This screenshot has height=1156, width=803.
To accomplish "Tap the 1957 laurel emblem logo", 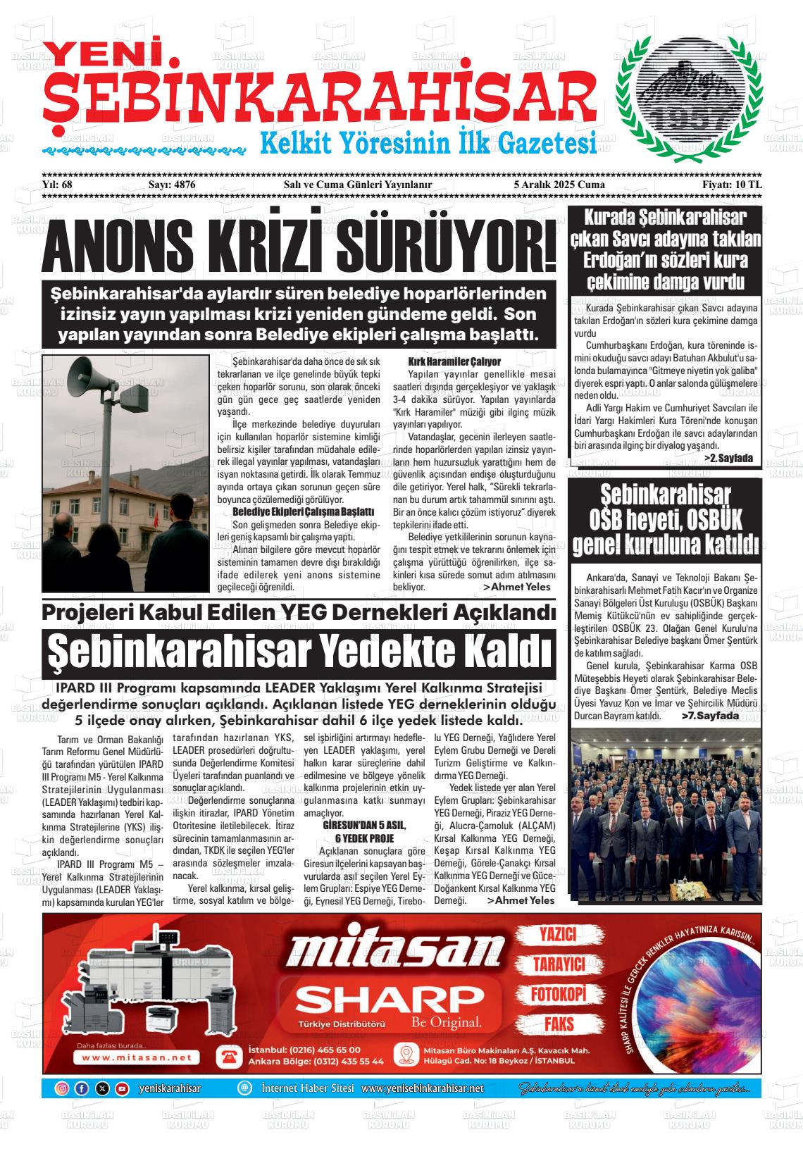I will point(688,99).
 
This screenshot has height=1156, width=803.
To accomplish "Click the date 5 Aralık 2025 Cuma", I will point(559,185).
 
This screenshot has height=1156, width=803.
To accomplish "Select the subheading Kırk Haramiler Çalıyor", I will point(454,361).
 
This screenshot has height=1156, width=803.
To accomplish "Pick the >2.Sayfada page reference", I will point(728,458).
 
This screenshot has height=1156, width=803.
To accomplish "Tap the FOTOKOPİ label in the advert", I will point(558,995).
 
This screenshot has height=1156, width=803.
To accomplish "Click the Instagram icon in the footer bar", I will point(62,1088).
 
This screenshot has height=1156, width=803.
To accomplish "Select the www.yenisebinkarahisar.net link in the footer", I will point(423,1088).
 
